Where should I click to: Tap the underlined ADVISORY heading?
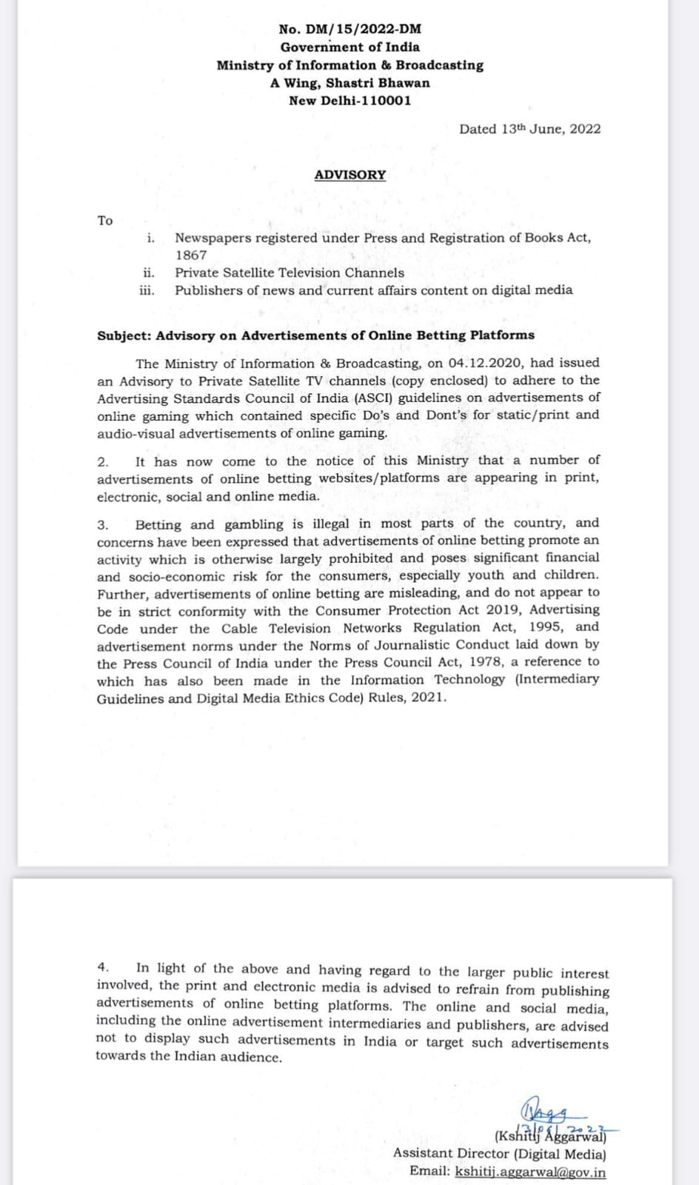tap(350, 175)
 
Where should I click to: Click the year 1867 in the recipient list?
tap(191, 255)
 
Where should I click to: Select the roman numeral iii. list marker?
tap(147, 290)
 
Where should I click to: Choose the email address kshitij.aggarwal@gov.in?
tap(530, 1171)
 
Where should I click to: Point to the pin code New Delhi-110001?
tap(350, 101)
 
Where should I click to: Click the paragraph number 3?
tap(102, 524)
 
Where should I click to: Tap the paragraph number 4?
tap(103, 967)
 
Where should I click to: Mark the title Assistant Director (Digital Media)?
tap(500, 1153)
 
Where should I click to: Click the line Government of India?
tap(349, 47)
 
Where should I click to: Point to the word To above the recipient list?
tap(105, 220)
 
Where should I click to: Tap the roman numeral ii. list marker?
tap(148, 273)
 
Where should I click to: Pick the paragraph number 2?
tap(102, 461)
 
